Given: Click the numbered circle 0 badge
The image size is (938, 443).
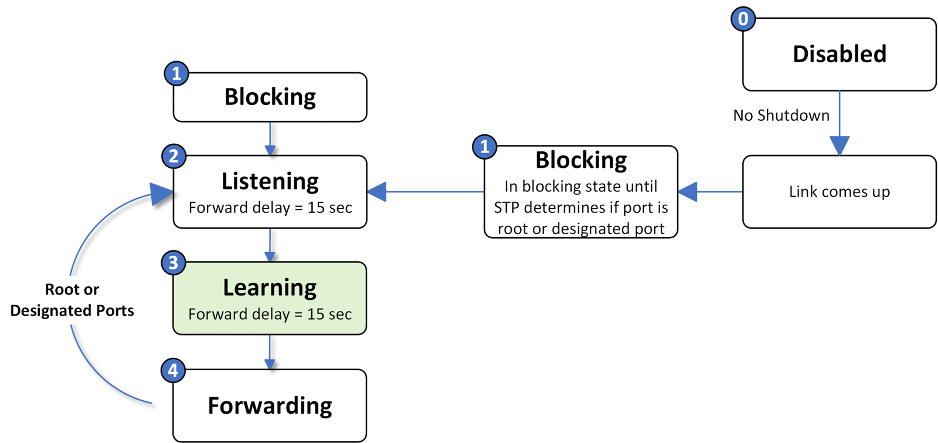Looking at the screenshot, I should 743,19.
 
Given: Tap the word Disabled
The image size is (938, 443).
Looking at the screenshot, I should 839,54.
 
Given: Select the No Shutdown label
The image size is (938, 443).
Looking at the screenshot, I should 781,115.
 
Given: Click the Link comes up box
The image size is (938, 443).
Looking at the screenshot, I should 839,191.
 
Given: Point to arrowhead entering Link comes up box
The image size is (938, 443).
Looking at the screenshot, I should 839,146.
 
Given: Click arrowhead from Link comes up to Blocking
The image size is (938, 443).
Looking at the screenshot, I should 688,191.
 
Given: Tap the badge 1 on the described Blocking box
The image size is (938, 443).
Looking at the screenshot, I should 484,146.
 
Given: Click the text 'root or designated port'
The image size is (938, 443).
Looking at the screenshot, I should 580,228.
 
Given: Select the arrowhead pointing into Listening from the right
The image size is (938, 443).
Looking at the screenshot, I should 377,191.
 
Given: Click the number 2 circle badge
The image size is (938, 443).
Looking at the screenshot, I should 174,156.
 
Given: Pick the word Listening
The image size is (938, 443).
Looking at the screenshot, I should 270,181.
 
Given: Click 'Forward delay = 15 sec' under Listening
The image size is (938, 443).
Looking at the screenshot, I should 270,208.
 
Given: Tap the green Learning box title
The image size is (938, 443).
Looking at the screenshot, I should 270,288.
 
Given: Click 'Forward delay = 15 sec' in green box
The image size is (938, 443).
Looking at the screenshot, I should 270,315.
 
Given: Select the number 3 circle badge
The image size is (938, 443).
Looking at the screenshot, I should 173,262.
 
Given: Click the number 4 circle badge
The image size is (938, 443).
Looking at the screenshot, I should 173,370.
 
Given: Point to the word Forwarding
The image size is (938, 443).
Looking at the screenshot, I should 270,406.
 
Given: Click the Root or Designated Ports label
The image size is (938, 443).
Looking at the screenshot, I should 72,300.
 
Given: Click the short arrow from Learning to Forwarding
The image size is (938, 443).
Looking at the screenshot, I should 270,353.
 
